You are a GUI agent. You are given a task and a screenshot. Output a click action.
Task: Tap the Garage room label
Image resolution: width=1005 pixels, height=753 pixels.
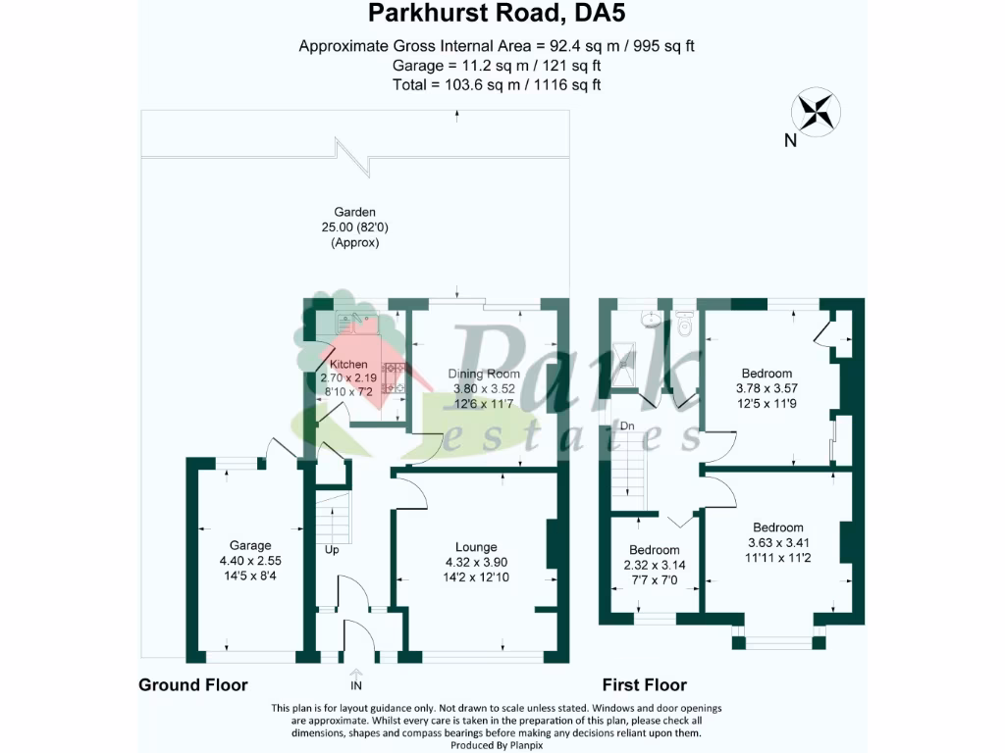(250, 545)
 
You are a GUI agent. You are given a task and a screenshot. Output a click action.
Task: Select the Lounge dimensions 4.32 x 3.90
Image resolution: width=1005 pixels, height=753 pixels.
(476, 562)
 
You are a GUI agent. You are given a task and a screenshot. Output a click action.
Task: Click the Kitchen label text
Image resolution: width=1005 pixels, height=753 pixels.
(348, 365)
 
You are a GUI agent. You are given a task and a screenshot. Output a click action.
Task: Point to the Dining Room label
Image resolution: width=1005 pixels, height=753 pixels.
(484, 374)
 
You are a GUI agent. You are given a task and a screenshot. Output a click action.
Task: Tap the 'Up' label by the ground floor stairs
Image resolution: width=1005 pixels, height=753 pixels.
(332, 550)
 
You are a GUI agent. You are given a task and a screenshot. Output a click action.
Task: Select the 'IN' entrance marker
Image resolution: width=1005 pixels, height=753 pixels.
(355, 684)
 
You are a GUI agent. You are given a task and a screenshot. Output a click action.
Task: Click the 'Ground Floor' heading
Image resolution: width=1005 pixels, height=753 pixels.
(192, 684)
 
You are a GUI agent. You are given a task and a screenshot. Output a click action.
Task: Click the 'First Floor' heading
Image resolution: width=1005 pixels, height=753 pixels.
(645, 684)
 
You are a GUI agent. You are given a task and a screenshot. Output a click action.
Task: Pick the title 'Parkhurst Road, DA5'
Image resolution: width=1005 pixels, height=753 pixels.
(496, 14)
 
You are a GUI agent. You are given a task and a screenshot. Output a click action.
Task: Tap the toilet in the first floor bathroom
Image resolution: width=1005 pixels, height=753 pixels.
(685, 323)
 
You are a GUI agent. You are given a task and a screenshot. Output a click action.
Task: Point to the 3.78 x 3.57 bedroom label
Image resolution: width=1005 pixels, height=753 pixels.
(767, 388)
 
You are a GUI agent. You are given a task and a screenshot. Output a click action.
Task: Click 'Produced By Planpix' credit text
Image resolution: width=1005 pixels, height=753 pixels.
(502, 746)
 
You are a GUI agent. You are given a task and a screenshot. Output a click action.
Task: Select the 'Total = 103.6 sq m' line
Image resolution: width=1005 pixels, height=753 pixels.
(496, 84)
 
